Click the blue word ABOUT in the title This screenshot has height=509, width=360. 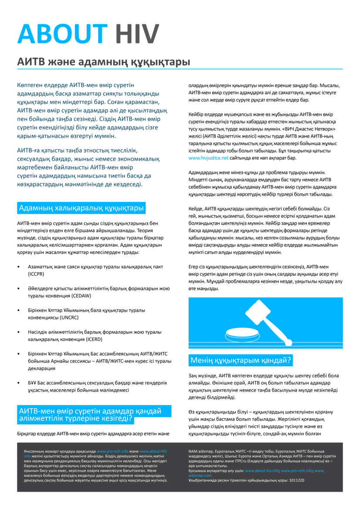62,33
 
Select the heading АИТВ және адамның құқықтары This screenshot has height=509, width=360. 103,62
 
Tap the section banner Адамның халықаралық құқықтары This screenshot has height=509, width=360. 81,208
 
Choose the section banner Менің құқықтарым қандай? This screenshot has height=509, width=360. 241,361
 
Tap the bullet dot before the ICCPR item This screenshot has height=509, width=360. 18,266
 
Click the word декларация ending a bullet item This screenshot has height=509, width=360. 41,368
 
